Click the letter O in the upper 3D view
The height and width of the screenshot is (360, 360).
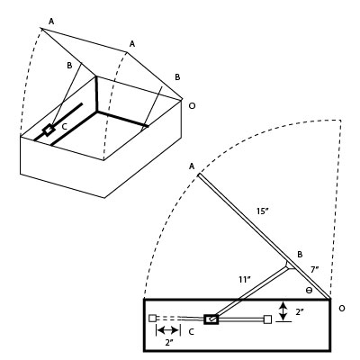coord(190,105)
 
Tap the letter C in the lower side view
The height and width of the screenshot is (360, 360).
coord(192,332)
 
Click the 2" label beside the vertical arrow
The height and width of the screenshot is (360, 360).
coord(300,311)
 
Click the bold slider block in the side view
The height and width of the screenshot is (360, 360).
coord(211,318)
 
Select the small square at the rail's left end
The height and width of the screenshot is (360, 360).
coord(153,318)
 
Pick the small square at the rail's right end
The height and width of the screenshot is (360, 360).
coord(267,318)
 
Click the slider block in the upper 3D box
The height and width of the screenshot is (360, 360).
coord(49,130)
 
